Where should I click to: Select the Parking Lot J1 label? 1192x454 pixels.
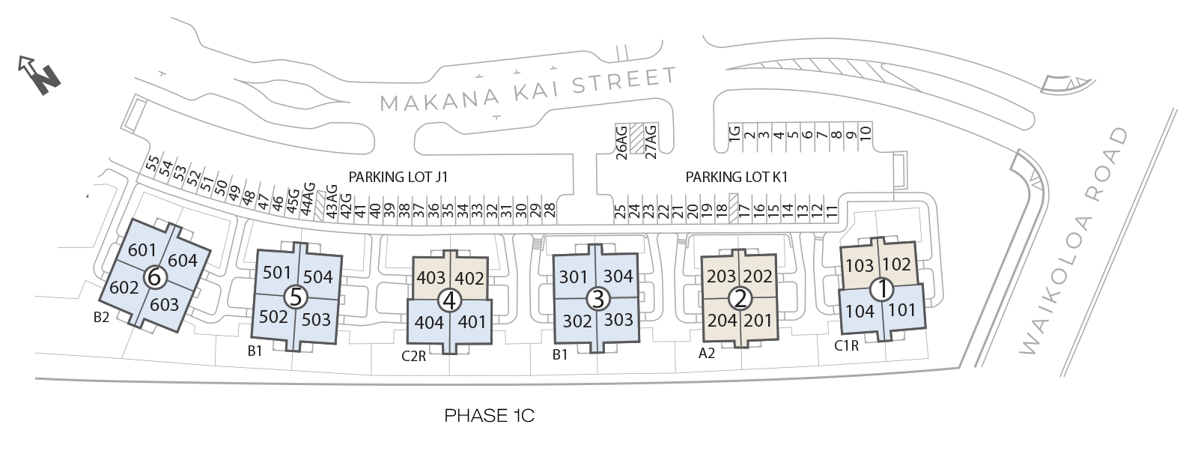tap(398, 177)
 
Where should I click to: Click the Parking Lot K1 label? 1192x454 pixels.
tap(736, 177)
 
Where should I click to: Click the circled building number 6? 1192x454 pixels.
tap(155, 277)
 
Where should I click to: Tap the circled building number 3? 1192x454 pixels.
tap(597, 298)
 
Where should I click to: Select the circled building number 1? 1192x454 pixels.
tap(883, 288)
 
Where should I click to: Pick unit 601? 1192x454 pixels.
tap(142, 249)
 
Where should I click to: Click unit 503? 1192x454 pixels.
tap(316, 320)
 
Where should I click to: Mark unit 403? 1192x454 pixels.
tap(431, 278)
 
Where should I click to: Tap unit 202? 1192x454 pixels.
tap(758, 276)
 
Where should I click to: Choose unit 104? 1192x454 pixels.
tap(860, 310)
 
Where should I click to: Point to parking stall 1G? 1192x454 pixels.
tap(735, 134)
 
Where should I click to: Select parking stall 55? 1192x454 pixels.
tap(153, 163)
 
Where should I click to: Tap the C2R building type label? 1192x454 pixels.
tap(413, 357)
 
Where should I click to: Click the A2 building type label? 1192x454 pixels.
tap(706, 354)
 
